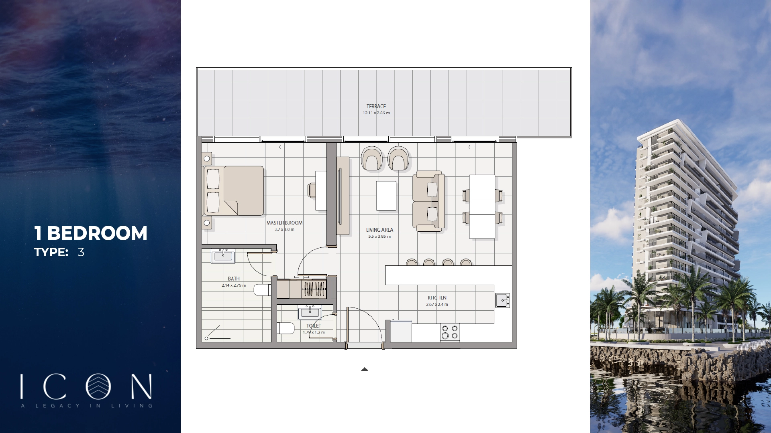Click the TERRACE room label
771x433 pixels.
(376, 106)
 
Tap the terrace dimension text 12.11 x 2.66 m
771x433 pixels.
(376, 113)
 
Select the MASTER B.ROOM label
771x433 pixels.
(284, 223)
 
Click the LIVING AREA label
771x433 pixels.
(379, 230)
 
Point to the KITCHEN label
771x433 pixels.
(437, 298)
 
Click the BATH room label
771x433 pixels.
(234, 279)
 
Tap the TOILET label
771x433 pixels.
(314, 326)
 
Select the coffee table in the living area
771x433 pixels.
(386, 196)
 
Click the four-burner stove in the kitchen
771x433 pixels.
(450, 332)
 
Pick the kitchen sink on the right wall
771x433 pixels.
(502, 300)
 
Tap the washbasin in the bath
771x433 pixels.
(223, 256)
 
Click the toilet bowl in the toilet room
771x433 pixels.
(286, 328)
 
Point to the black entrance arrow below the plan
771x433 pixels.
(364, 370)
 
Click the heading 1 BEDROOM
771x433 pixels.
(91, 233)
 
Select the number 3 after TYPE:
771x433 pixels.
(81, 252)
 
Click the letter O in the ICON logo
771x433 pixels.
(98, 386)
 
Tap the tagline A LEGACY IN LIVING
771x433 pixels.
(87, 406)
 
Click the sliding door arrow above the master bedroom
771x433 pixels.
(284, 147)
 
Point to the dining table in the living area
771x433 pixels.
(482, 206)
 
